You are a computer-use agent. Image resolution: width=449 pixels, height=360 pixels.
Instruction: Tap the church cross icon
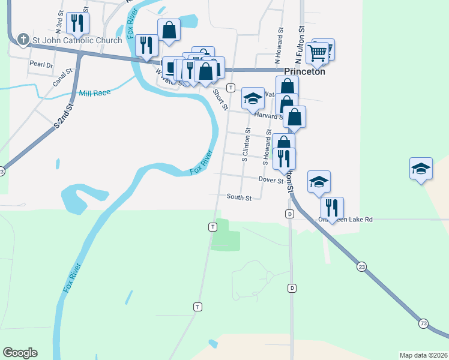click(x=23, y=40)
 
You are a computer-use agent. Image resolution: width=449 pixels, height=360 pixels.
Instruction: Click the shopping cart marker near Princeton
click(x=318, y=52)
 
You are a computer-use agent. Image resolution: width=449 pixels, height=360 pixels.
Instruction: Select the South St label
click(x=239, y=197)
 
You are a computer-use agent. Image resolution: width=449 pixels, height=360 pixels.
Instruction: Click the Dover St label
click(x=271, y=179)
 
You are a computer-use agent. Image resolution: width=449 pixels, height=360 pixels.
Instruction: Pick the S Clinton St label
click(x=246, y=146)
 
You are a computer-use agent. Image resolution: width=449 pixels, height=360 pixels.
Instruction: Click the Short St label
click(x=221, y=100)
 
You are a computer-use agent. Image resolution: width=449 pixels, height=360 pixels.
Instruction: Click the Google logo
click(x=20, y=353)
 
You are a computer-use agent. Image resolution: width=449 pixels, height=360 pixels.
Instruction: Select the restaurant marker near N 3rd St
click(x=77, y=23)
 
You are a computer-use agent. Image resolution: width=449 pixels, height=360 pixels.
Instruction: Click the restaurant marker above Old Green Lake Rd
click(x=332, y=208)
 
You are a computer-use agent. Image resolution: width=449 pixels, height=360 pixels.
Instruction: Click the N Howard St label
click(x=278, y=46)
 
